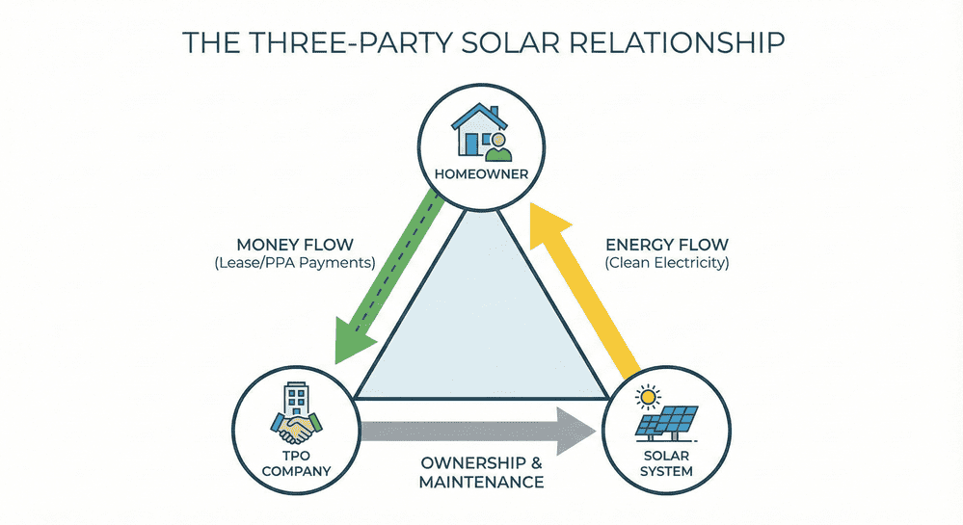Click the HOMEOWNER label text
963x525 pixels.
click(481, 173)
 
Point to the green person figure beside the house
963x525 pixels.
click(497, 146)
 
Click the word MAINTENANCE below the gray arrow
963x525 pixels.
click(481, 481)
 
